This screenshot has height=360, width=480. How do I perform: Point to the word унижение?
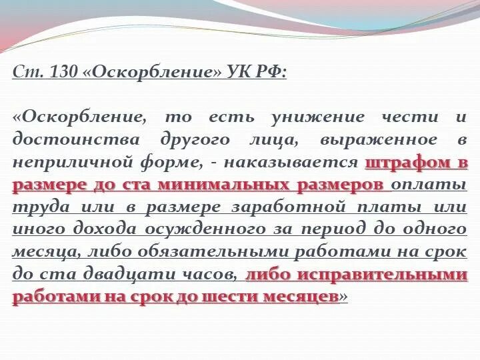click(316, 117)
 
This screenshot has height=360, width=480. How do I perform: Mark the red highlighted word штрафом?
click(406, 162)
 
